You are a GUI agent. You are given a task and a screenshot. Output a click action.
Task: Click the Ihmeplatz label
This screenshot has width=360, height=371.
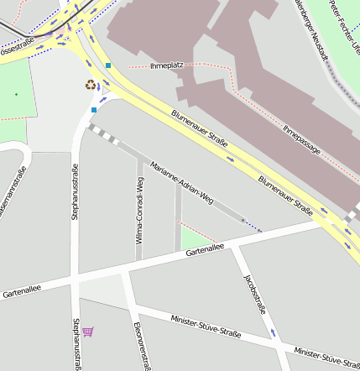pos(165,65)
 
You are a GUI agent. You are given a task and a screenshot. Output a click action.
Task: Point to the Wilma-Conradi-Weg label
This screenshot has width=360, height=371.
pos(140,216)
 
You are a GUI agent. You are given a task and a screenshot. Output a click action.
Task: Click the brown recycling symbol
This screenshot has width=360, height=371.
pos(90,84)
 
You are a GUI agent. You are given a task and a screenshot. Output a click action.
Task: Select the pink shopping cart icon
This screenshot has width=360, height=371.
pos(88,332)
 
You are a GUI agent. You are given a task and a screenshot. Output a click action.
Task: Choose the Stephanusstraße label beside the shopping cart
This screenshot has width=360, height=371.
pos(76,344)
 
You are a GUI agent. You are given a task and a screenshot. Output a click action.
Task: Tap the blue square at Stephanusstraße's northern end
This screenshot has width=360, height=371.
pos(94,109)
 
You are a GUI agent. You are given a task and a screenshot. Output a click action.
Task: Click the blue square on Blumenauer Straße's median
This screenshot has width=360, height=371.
pos(107,65)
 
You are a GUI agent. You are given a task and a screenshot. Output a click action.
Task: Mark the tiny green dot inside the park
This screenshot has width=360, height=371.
pos(15,94)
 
